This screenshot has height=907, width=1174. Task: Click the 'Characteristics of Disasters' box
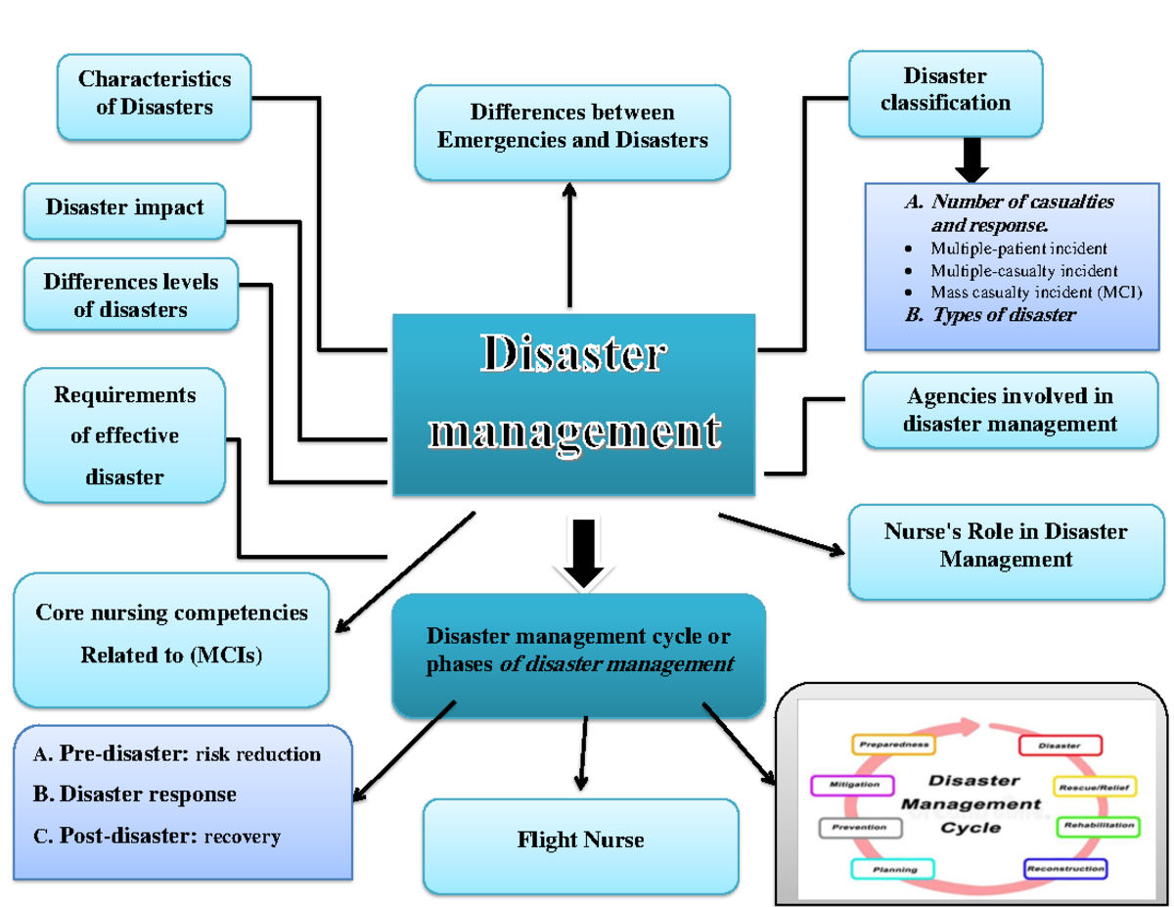coord(155,93)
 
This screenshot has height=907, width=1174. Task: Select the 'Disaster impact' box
coord(124,207)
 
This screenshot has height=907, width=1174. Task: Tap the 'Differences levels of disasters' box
coord(130,295)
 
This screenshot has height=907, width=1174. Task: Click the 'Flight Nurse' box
coord(580,839)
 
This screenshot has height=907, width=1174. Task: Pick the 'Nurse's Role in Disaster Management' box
coord(1006,546)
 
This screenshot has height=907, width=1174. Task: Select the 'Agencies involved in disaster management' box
coord(1010,410)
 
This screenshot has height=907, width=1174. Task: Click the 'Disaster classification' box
coord(945,90)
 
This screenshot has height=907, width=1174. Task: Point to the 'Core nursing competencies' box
coord(171,634)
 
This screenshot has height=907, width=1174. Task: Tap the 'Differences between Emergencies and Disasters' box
coord(572,127)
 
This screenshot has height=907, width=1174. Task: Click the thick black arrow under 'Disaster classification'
coord(971,159)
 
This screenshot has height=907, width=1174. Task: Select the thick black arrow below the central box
coord(583,554)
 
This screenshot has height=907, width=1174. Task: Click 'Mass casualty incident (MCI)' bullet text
coord(1035,292)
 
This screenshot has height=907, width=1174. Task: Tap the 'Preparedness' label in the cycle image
coord(893,746)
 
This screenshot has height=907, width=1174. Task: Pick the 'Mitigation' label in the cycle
coord(852,785)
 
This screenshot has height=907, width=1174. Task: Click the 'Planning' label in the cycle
coord(893,869)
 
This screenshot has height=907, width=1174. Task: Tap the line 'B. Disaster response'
coord(135,794)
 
